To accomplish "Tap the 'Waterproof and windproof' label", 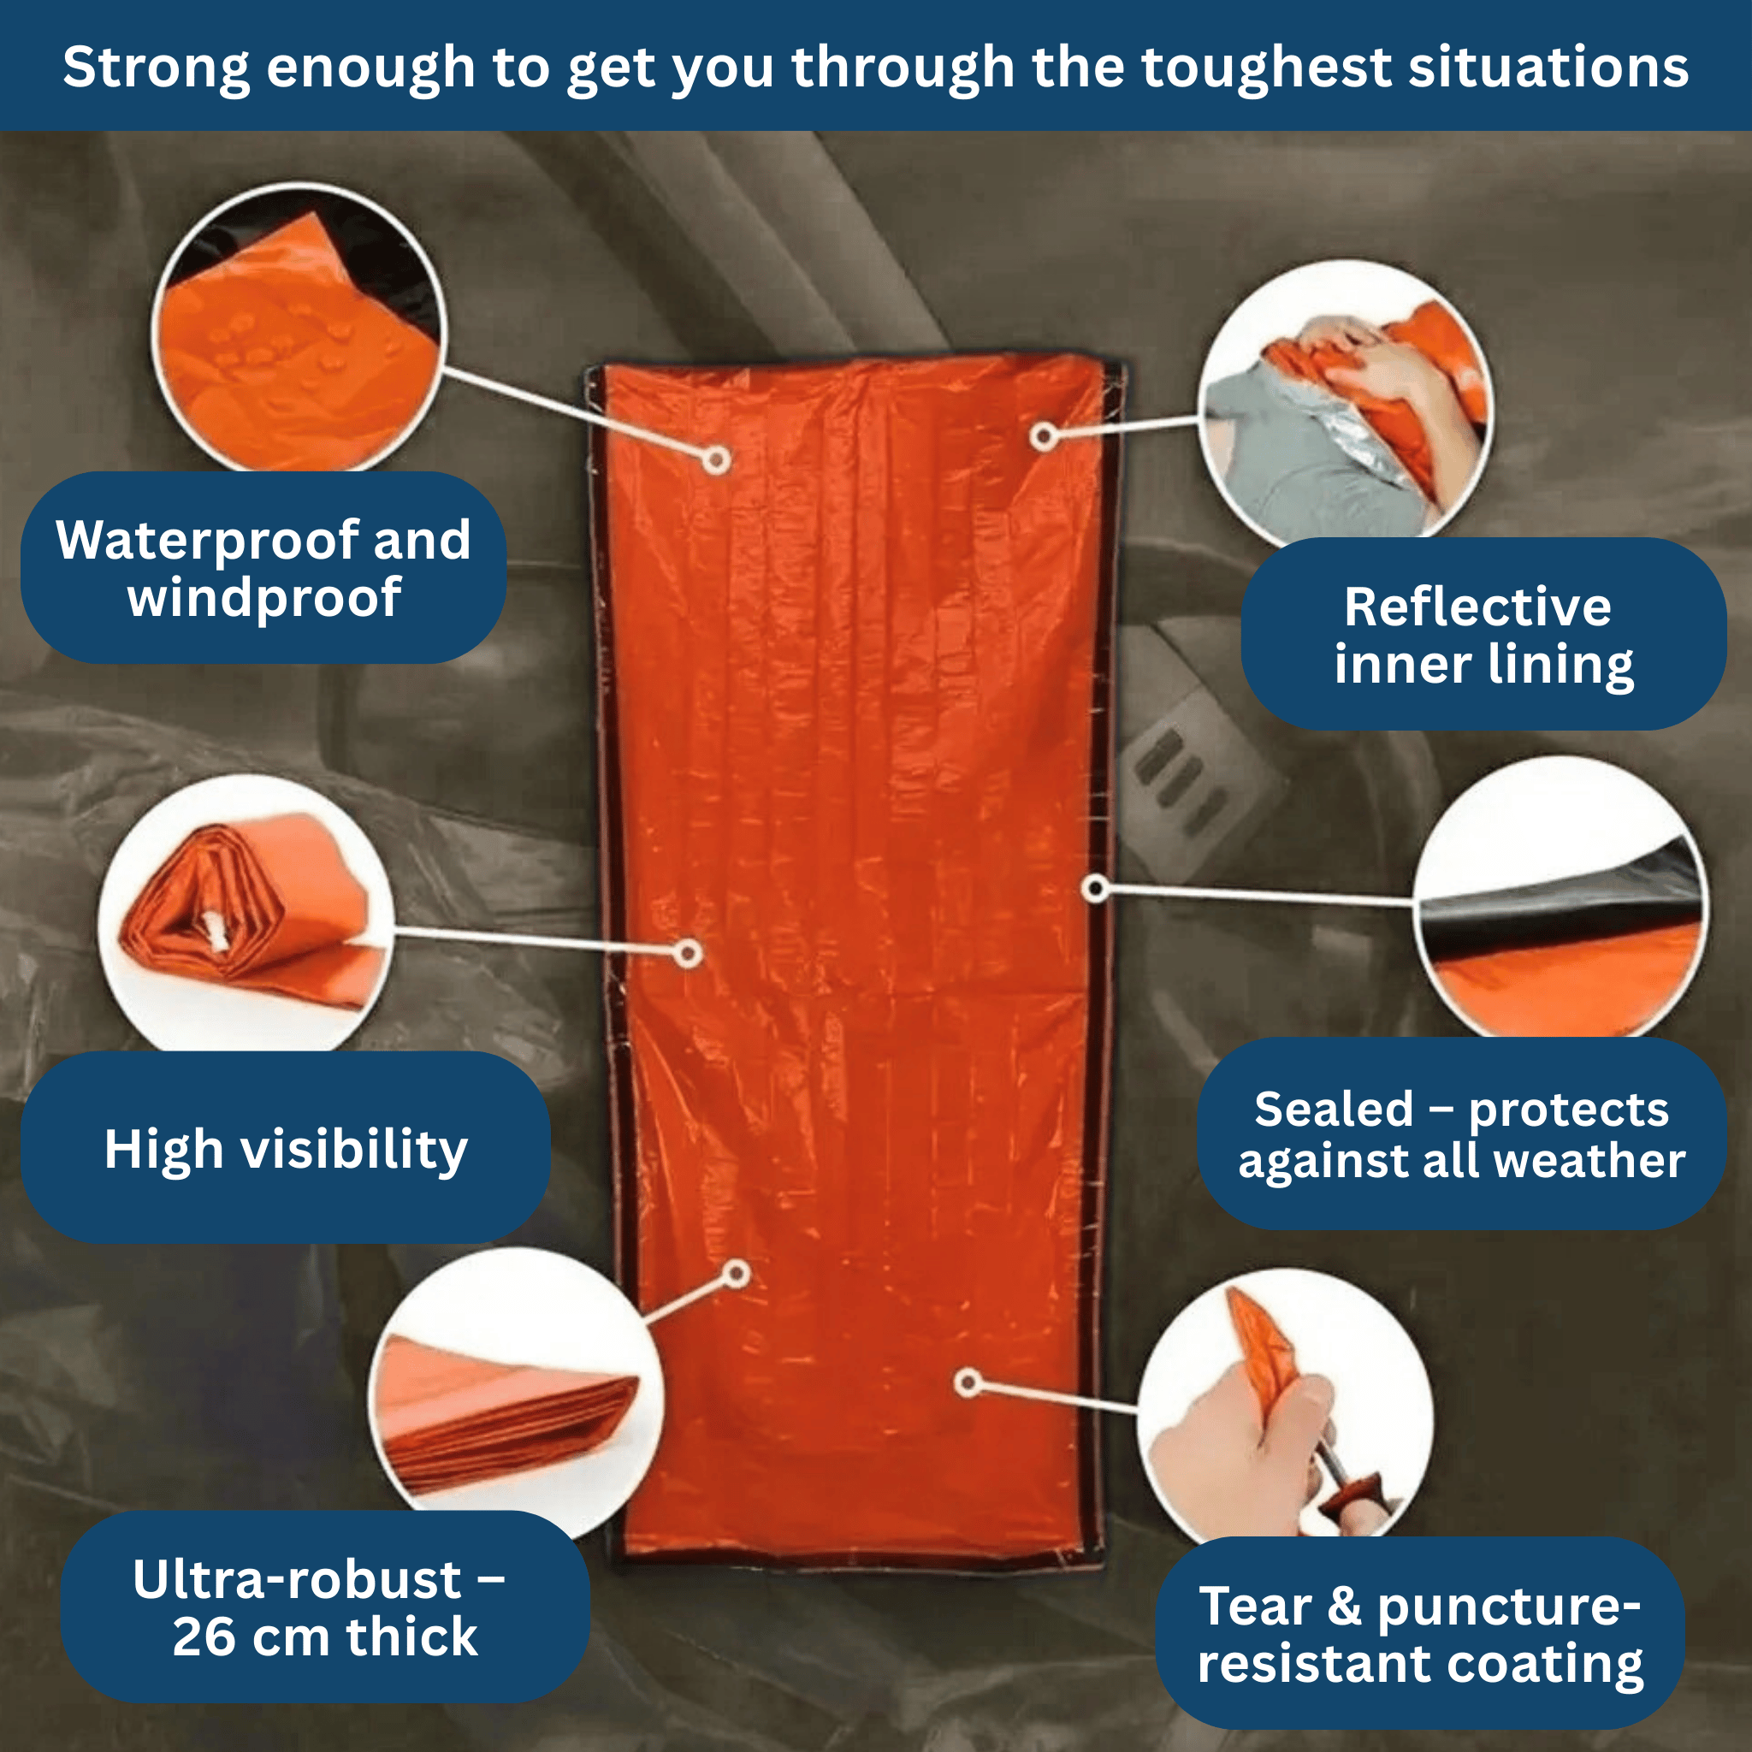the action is [x=263, y=568].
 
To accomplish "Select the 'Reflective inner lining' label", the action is [x=1483, y=634].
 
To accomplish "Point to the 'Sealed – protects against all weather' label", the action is [x=1462, y=1133].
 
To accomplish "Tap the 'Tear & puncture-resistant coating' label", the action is [x=1421, y=1633].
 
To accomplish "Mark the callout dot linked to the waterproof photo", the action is [x=716, y=459].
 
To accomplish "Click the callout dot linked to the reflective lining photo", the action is [x=1043, y=436].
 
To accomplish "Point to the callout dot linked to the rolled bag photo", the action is [x=689, y=953].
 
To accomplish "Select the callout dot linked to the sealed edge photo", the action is [x=1096, y=889].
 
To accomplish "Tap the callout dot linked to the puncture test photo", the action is [x=968, y=1383].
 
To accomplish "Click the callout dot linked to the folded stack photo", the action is [x=737, y=1274].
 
